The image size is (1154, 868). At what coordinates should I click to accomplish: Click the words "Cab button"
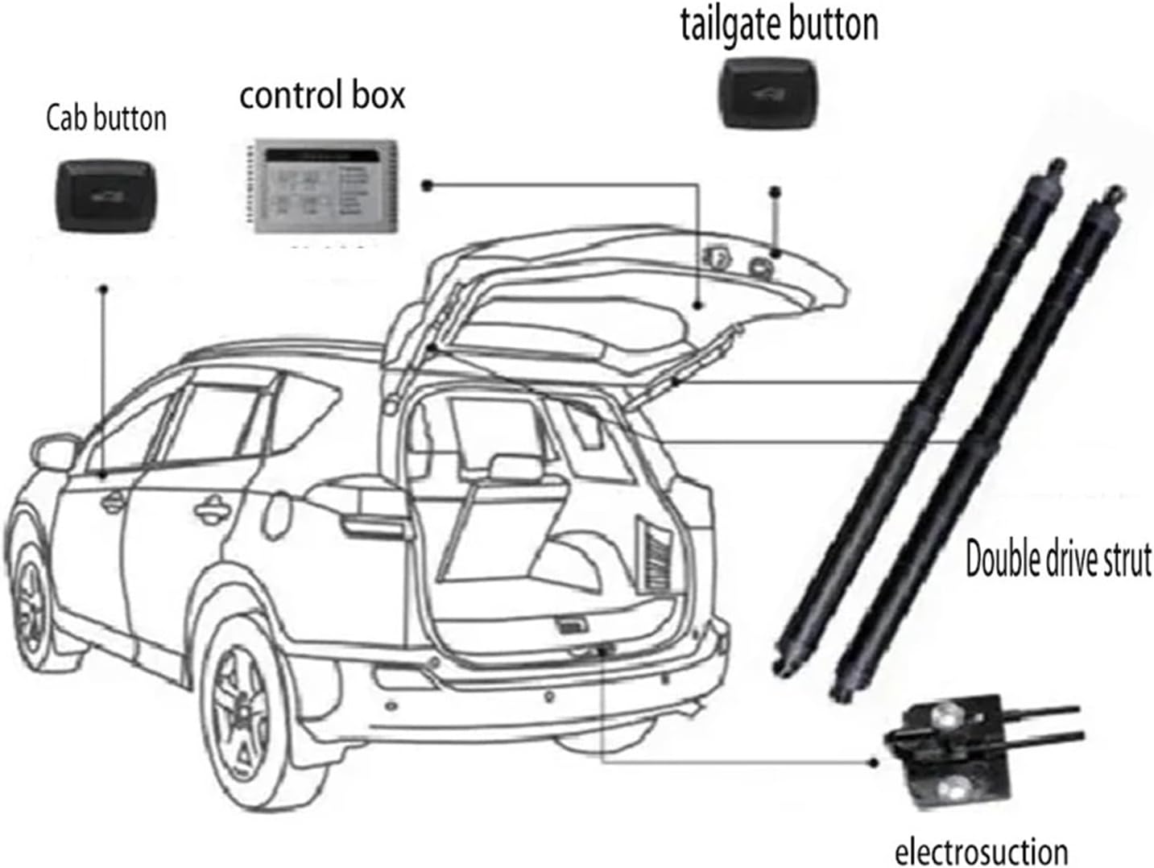pyautogui.click(x=105, y=118)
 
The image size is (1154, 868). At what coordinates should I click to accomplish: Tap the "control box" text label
pyautogui.click(x=322, y=95)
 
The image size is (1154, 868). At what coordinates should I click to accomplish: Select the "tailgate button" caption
pyautogui.click(x=779, y=24)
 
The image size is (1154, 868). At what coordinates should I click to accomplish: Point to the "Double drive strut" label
pyautogui.click(x=1058, y=560)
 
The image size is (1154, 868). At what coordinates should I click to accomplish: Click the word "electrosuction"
pyautogui.click(x=981, y=851)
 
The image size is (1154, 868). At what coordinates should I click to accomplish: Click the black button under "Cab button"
pyautogui.click(x=105, y=196)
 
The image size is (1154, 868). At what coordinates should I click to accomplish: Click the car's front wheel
pyautogui.click(x=32, y=596)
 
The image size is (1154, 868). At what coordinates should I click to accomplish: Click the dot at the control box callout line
pyautogui.click(x=428, y=186)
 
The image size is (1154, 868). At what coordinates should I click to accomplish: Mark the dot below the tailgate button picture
pyautogui.click(x=776, y=192)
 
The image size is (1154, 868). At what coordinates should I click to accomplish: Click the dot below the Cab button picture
pyautogui.click(x=103, y=288)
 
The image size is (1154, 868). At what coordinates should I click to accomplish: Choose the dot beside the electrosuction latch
pyautogui.click(x=875, y=762)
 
